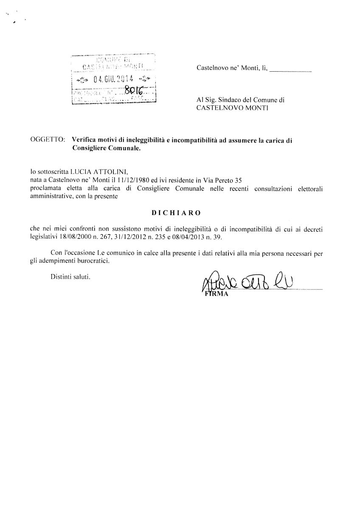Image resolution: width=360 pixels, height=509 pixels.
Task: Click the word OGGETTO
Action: click(x=48, y=139)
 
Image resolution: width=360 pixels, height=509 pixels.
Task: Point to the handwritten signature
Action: click(x=246, y=282)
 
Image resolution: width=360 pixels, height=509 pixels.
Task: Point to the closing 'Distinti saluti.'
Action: click(x=70, y=277)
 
